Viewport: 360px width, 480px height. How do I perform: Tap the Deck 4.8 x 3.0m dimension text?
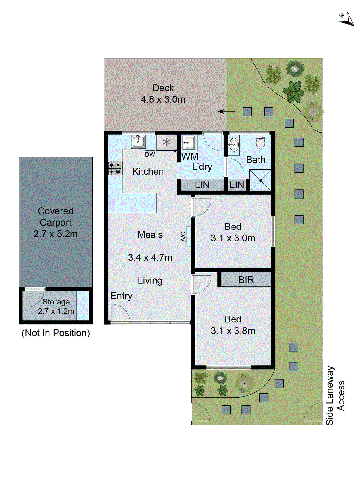coord(163,99)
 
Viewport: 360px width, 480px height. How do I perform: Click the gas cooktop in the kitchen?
coord(115,168)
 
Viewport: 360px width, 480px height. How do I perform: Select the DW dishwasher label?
coord(150,154)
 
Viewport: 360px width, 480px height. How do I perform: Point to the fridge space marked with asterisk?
coord(166,142)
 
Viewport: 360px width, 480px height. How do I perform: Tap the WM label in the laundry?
coord(190,156)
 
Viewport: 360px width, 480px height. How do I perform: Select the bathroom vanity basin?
coord(234,145)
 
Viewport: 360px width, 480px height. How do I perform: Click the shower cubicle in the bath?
coord(260,180)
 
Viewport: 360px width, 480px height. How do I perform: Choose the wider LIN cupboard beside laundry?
coord(202,185)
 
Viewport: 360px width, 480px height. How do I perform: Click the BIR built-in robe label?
coord(246,280)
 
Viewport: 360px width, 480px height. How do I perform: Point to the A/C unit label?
coord(184,237)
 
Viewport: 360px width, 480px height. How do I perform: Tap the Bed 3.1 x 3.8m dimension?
coord(233,331)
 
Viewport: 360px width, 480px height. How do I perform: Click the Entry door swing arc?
coord(120,313)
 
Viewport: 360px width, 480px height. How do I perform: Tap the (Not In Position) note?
coord(56,333)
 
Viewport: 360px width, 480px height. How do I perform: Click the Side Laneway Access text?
coord(335,395)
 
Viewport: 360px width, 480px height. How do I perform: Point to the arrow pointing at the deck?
coord(227,112)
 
